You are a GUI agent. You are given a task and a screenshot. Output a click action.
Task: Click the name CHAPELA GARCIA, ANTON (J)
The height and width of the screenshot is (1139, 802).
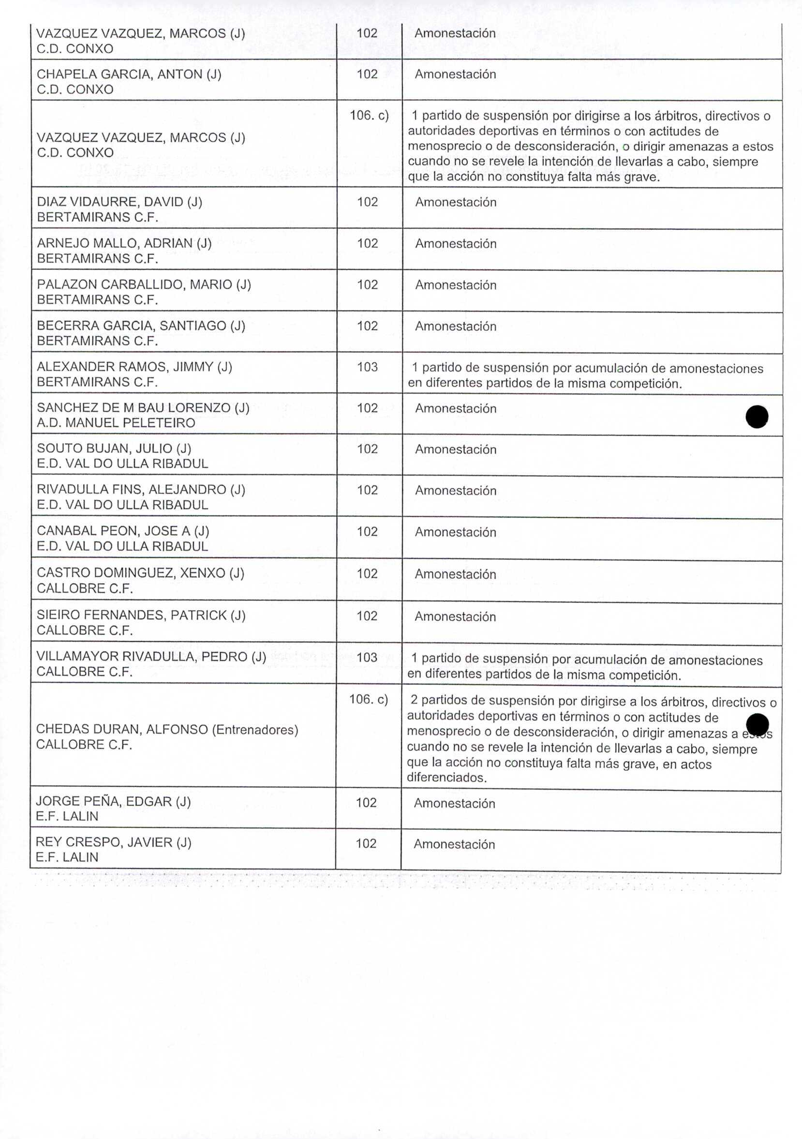coord(129,75)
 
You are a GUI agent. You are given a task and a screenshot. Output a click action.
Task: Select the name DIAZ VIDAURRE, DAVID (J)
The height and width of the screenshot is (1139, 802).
coord(119,202)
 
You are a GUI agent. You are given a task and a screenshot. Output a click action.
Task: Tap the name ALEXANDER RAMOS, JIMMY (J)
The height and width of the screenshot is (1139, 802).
coord(134,367)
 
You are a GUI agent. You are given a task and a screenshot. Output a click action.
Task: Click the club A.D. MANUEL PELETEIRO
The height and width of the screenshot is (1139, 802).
coord(116,423)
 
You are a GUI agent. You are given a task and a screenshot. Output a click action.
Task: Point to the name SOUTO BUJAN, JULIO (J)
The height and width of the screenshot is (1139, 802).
coord(114,449)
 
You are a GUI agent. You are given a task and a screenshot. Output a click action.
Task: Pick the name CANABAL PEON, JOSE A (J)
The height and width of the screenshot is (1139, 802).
coord(123,531)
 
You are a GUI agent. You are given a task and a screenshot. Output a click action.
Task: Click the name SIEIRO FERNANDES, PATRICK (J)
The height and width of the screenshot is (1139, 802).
coord(141,615)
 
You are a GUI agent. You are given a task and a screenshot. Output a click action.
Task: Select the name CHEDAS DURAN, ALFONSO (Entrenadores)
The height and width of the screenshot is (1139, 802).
coord(167,729)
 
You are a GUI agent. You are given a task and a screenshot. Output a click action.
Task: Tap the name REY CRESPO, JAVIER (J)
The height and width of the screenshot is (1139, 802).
coord(113,842)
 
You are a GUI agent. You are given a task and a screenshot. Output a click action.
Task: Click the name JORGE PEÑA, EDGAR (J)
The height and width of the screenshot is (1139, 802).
coord(113,801)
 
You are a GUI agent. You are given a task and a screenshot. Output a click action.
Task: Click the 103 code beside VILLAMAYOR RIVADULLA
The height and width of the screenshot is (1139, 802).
coord(367,657)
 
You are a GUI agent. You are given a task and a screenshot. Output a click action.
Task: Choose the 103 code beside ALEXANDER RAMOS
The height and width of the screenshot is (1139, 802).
coord(367,367)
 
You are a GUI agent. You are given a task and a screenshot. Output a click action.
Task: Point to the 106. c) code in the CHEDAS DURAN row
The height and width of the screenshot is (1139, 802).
coord(369,700)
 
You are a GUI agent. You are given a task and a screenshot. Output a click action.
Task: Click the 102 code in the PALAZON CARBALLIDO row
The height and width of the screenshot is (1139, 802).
coord(368,285)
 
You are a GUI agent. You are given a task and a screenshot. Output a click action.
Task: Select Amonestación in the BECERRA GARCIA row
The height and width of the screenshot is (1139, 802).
coord(455,327)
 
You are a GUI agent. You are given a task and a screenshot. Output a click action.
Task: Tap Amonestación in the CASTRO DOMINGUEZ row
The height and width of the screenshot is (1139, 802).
coord(455,574)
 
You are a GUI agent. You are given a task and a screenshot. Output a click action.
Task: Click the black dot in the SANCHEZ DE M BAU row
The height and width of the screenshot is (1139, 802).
coord(757,416)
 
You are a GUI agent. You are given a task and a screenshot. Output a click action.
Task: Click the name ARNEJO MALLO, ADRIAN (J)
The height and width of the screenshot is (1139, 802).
coord(124,243)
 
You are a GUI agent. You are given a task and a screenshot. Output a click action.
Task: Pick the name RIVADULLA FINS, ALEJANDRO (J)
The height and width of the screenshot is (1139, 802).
coord(141,490)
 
